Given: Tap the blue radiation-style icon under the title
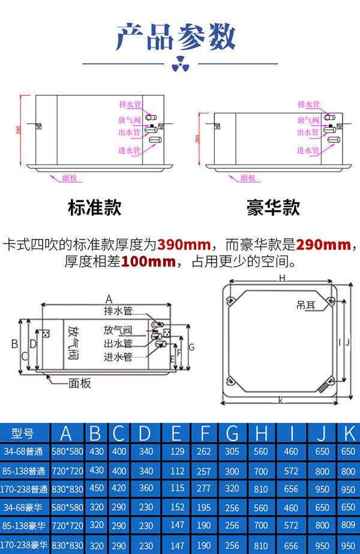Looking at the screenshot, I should [179, 63].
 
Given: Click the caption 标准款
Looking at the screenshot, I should [95, 208].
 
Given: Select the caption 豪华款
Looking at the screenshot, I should [273, 208].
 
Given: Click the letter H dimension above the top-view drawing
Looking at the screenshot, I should [281, 278].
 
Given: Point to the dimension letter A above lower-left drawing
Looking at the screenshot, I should [109, 298].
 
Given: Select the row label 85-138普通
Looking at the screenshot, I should [25, 471].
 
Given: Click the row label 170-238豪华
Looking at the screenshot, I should [25, 546].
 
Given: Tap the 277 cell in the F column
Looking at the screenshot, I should [204, 489].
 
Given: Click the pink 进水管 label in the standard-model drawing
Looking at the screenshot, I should [128, 151].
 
